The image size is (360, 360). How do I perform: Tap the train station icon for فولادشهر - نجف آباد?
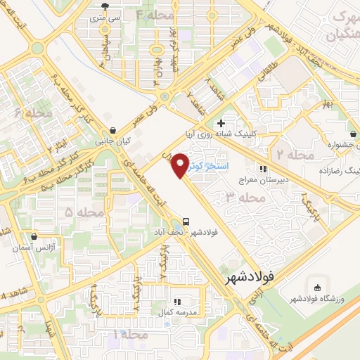pyautogui.click(x=186, y=219)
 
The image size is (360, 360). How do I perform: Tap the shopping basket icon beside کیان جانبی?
pyautogui.click(x=114, y=130)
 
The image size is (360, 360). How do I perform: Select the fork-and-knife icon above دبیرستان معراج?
pyautogui.click(x=263, y=169)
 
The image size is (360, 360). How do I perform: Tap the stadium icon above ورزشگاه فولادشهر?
pyautogui.click(x=316, y=287)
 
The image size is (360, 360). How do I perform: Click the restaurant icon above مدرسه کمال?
pyautogui.click(x=176, y=301)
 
